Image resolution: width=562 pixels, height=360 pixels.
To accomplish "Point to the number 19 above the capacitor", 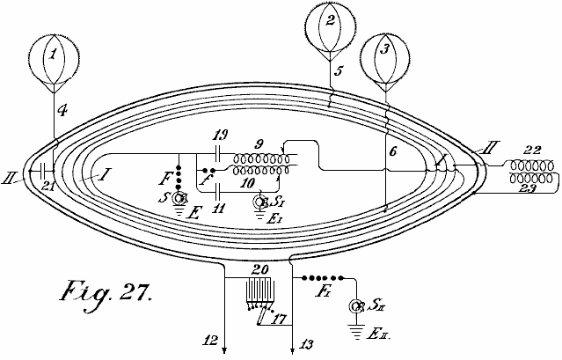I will pos(222,135).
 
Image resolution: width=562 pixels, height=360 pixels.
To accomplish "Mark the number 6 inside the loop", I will pos(394,151).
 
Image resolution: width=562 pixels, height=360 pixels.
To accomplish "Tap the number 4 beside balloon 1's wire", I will pos(61,111).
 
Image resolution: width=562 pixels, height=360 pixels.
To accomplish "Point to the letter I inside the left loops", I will pos(104,176).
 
